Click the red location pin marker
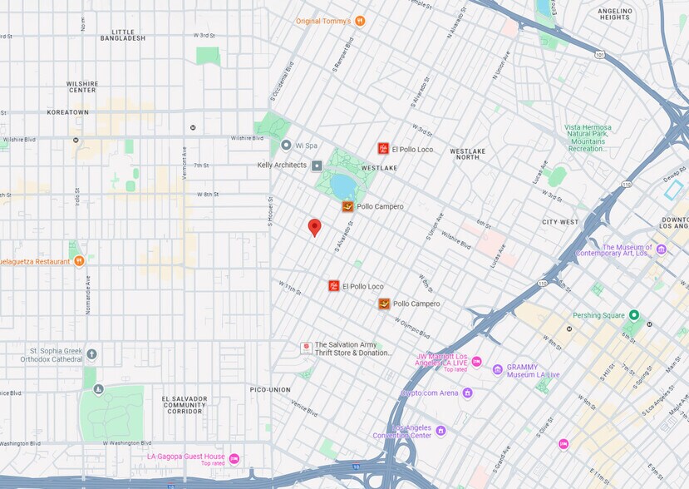tap(314, 226)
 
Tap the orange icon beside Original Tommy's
tap(359, 21)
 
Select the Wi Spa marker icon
tap(286, 146)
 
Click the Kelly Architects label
tap(282, 165)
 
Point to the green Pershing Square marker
tap(633, 315)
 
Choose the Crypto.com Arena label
tap(430, 393)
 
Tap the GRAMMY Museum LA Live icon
tap(498, 369)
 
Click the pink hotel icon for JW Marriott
tap(476, 361)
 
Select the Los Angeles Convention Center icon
tap(440, 430)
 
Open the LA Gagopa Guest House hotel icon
tap(234, 458)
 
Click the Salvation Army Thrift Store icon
tap(306, 347)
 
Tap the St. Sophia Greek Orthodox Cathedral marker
tap(91, 354)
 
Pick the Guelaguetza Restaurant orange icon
tap(79, 260)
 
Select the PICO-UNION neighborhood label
tap(268, 389)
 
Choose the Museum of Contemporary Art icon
tap(661, 249)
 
